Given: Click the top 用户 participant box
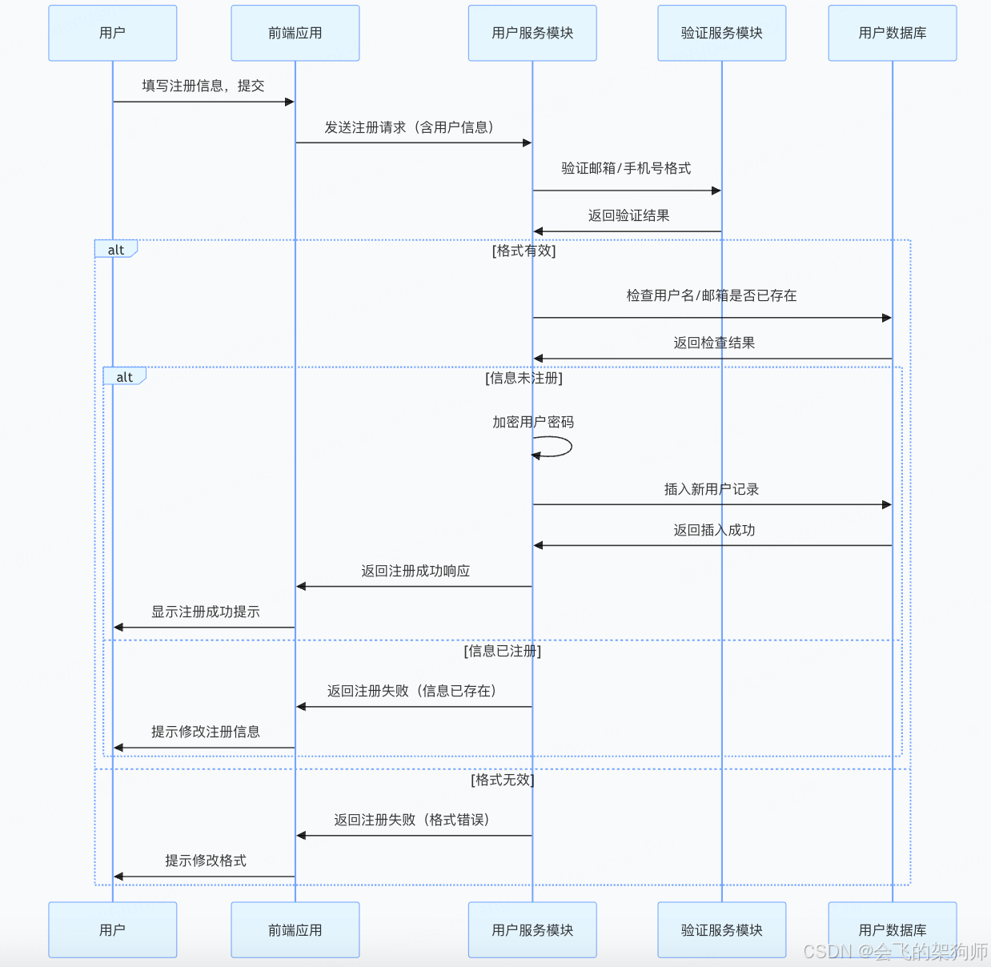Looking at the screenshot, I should [112, 33].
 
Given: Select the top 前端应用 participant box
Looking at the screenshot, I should [295, 33].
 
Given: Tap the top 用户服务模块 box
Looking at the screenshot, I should [532, 33].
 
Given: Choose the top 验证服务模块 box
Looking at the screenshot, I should [721, 33].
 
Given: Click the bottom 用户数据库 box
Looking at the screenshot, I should [892, 929].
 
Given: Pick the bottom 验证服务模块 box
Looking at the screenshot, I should [721, 929].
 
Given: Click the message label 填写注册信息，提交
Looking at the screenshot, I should [203, 86].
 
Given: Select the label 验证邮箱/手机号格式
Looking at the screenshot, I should [626, 168].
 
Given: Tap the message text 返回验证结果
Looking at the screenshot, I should [628, 215].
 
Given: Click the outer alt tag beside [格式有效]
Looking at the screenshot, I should [116, 250].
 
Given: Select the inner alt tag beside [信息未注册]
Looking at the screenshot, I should [124, 377].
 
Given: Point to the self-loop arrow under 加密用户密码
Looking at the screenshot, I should [557, 447].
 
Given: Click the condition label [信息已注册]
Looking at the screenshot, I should [503, 651].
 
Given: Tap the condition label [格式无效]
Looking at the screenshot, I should [503, 780].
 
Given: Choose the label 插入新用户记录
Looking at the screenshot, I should [712, 489].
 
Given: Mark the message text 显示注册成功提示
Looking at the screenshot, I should [206, 612].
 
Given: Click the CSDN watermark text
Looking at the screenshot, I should [895, 951].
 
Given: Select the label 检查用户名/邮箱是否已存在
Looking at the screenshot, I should [712, 295].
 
